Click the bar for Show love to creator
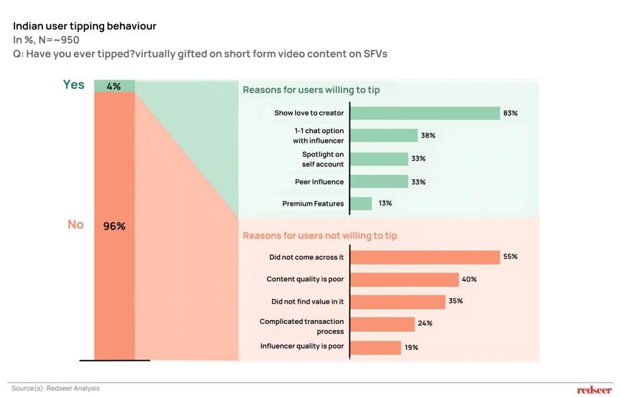click(x=425, y=113)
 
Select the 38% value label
click(x=428, y=136)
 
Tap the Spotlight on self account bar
click(x=380, y=159)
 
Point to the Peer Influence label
click(x=319, y=182)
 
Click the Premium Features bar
click(x=361, y=203)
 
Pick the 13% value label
click(x=385, y=203)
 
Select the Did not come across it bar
click(x=425, y=257)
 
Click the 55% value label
click(x=510, y=257)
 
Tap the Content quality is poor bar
click(x=404, y=280)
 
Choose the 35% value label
click(x=455, y=301)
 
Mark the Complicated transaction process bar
click(x=383, y=324)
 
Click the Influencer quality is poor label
click(x=302, y=346)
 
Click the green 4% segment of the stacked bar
click(x=114, y=86)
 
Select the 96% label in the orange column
click(x=114, y=227)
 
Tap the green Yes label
click(x=74, y=85)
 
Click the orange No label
click(x=75, y=225)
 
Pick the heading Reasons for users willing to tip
click(x=311, y=90)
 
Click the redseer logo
click(x=594, y=390)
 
